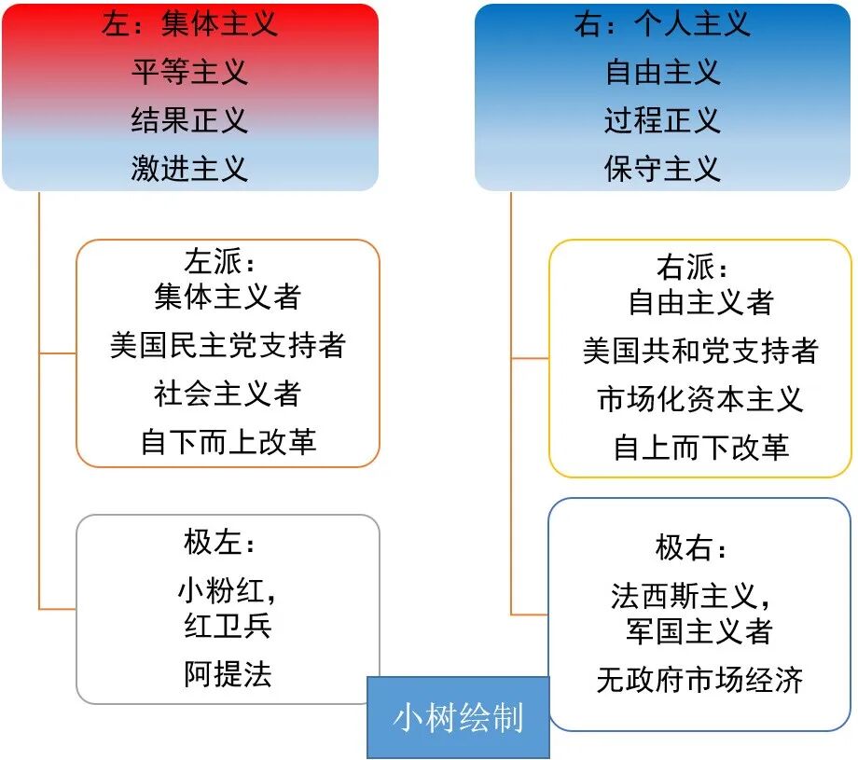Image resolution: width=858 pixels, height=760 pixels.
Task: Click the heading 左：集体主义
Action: [x=189, y=23]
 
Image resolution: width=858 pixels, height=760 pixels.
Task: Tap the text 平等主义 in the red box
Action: [x=189, y=72]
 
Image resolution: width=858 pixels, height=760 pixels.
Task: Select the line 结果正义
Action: [x=189, y=120]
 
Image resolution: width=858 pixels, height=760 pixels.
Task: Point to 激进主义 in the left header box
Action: [x=189, y=169]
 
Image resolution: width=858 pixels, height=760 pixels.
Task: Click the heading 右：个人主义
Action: [x=662, y=23]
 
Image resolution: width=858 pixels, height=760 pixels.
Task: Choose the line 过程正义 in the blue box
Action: [x=662, y=120]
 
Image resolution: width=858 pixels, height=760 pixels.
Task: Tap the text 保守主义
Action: [x=662, y=169]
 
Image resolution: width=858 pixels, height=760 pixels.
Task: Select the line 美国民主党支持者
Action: [x=228, y=346]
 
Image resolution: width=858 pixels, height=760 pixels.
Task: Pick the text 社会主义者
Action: [x=228, y=394]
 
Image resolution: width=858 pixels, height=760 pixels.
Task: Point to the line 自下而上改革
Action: [x=228, y=441]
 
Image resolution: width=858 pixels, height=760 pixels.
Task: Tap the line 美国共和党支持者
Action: [x=700, y=352]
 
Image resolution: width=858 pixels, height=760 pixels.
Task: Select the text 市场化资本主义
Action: [x=700, y=399]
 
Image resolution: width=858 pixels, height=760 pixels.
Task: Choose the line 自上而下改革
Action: [x=700, y=448]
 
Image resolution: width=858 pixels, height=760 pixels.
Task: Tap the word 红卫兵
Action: [x=228, y=626]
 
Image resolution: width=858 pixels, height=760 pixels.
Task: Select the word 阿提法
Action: [x=228, y=673]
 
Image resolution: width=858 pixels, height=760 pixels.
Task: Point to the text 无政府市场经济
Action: [x=700, y=680]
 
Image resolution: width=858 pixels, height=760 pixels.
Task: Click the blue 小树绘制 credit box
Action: [x=458, y=717]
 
